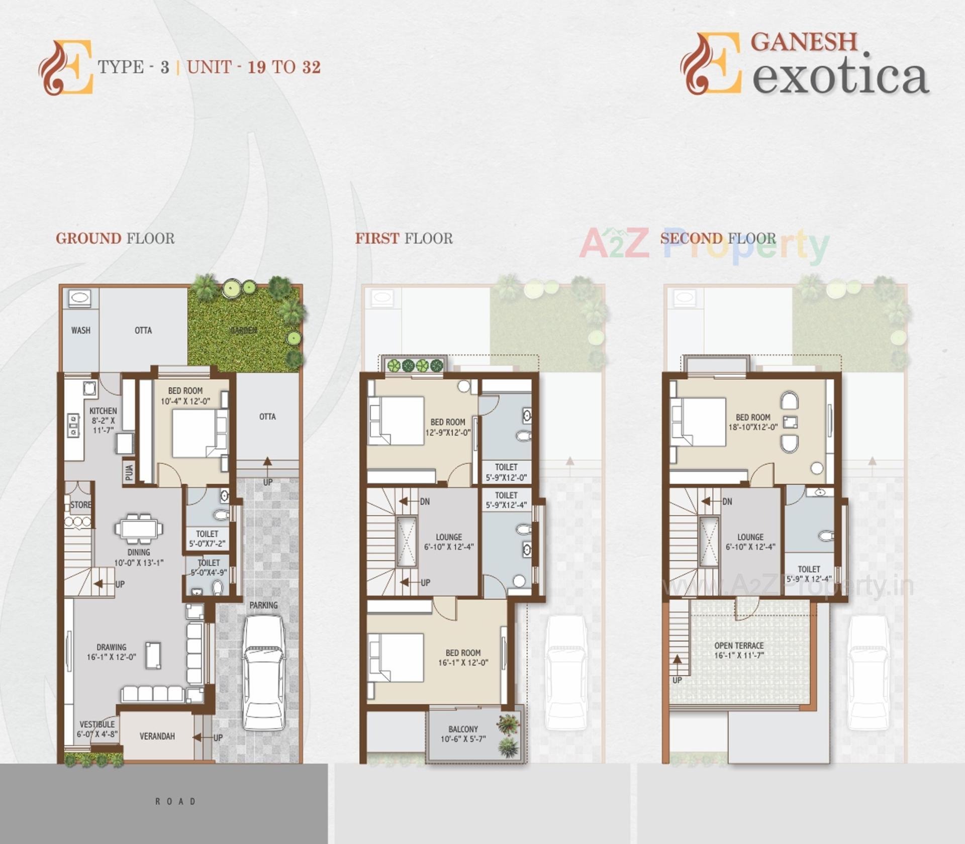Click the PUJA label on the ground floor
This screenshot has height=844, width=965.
coord(129,472)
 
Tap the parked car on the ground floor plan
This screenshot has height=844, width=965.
coord(263,673)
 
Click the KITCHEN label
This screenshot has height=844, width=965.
coord(103,411)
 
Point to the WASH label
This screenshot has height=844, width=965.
coord(81,331)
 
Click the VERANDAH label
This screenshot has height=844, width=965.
coord(157,736)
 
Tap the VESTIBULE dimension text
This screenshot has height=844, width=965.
coord(97,734)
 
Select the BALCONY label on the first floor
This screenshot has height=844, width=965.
coord(463,729)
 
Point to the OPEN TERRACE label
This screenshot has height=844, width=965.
coord(739,646)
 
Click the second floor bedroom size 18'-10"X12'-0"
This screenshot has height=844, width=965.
coord(753,428)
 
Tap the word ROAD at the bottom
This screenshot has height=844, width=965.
coord(175,801)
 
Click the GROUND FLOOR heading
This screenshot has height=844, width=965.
coord(115,238)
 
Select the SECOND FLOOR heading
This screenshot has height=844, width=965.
coord(718,238)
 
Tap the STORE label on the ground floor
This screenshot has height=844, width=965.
coord(81,505)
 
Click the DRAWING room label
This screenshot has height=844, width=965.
coord(112,647)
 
